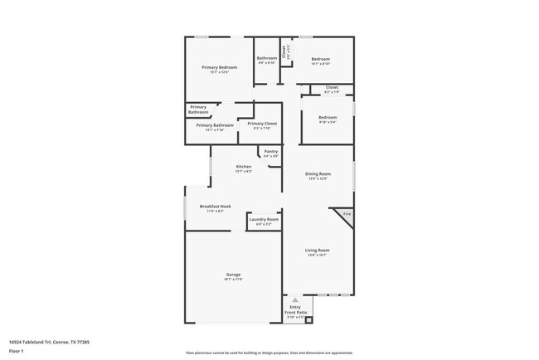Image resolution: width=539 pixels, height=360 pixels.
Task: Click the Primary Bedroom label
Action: click(x=220, y=67)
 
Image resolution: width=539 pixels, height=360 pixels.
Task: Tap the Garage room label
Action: click(x=234, y=275)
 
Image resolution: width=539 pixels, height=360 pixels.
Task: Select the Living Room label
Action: click(x=318, y=250)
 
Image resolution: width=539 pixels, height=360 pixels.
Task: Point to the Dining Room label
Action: click(x=318, y=173)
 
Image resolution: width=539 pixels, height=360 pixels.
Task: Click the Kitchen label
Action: click(x=244, y=167)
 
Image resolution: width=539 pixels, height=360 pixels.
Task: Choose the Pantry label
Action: click(x=271, y=152)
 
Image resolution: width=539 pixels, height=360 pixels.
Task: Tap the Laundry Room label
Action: click(x=264, y=219)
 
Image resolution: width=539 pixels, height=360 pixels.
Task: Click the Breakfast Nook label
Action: click(x=216, y=206)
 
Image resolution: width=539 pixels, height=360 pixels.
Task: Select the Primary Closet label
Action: click(x=263, y=124)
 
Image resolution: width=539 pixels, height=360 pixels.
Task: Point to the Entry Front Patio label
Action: click(x=296, y=309)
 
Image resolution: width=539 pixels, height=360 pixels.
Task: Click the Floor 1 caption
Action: click(x=17, y=352)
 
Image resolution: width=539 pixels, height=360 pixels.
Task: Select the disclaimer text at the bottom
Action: click(x=269, y=353)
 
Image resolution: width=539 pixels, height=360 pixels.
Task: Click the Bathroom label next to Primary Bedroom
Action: click(x=266, y=58)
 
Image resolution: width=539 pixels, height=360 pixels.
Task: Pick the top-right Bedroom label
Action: click(x=320, y=59)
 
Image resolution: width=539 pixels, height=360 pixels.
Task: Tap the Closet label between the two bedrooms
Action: click(x=332, y=87)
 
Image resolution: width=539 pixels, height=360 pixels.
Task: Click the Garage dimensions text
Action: click(x=234, y=280)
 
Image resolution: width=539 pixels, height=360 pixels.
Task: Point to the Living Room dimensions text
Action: click(x=318, y=255)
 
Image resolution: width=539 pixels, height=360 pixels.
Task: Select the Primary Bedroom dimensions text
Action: click(x=220, y=72)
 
